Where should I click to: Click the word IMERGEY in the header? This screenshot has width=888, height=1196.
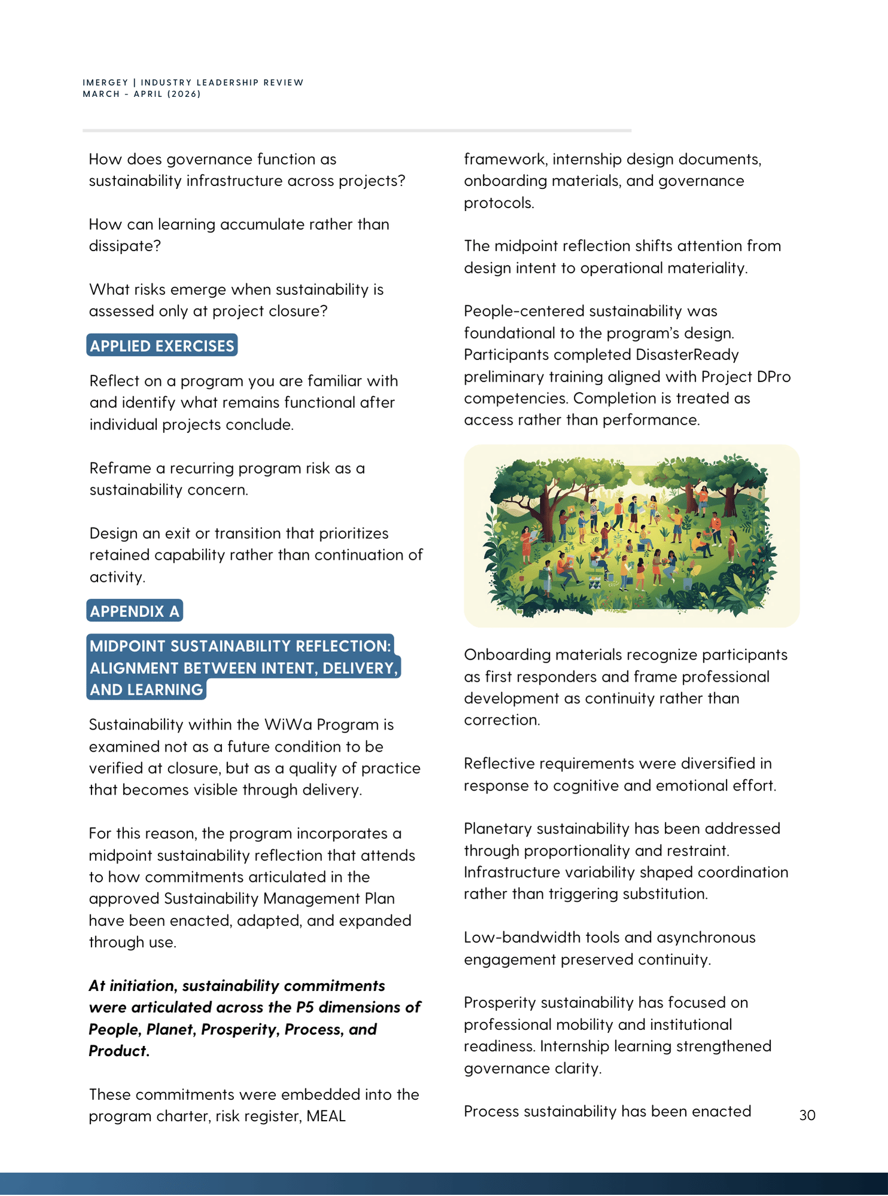(105, 83)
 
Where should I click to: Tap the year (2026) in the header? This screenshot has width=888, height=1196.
(185, 94)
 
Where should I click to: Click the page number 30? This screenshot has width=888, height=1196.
(807, 1115)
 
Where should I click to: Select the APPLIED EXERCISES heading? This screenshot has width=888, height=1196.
(162, 346)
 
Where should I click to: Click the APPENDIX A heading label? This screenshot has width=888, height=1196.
(135, 611)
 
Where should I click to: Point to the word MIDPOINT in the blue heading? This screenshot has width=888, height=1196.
(127, 646)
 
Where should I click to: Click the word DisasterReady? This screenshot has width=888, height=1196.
(687, 355)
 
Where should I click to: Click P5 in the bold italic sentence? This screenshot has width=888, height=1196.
(305, 1007)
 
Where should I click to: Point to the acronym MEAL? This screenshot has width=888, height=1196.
(326, 1116)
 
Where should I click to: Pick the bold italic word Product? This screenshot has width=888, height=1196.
(117, 1051)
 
